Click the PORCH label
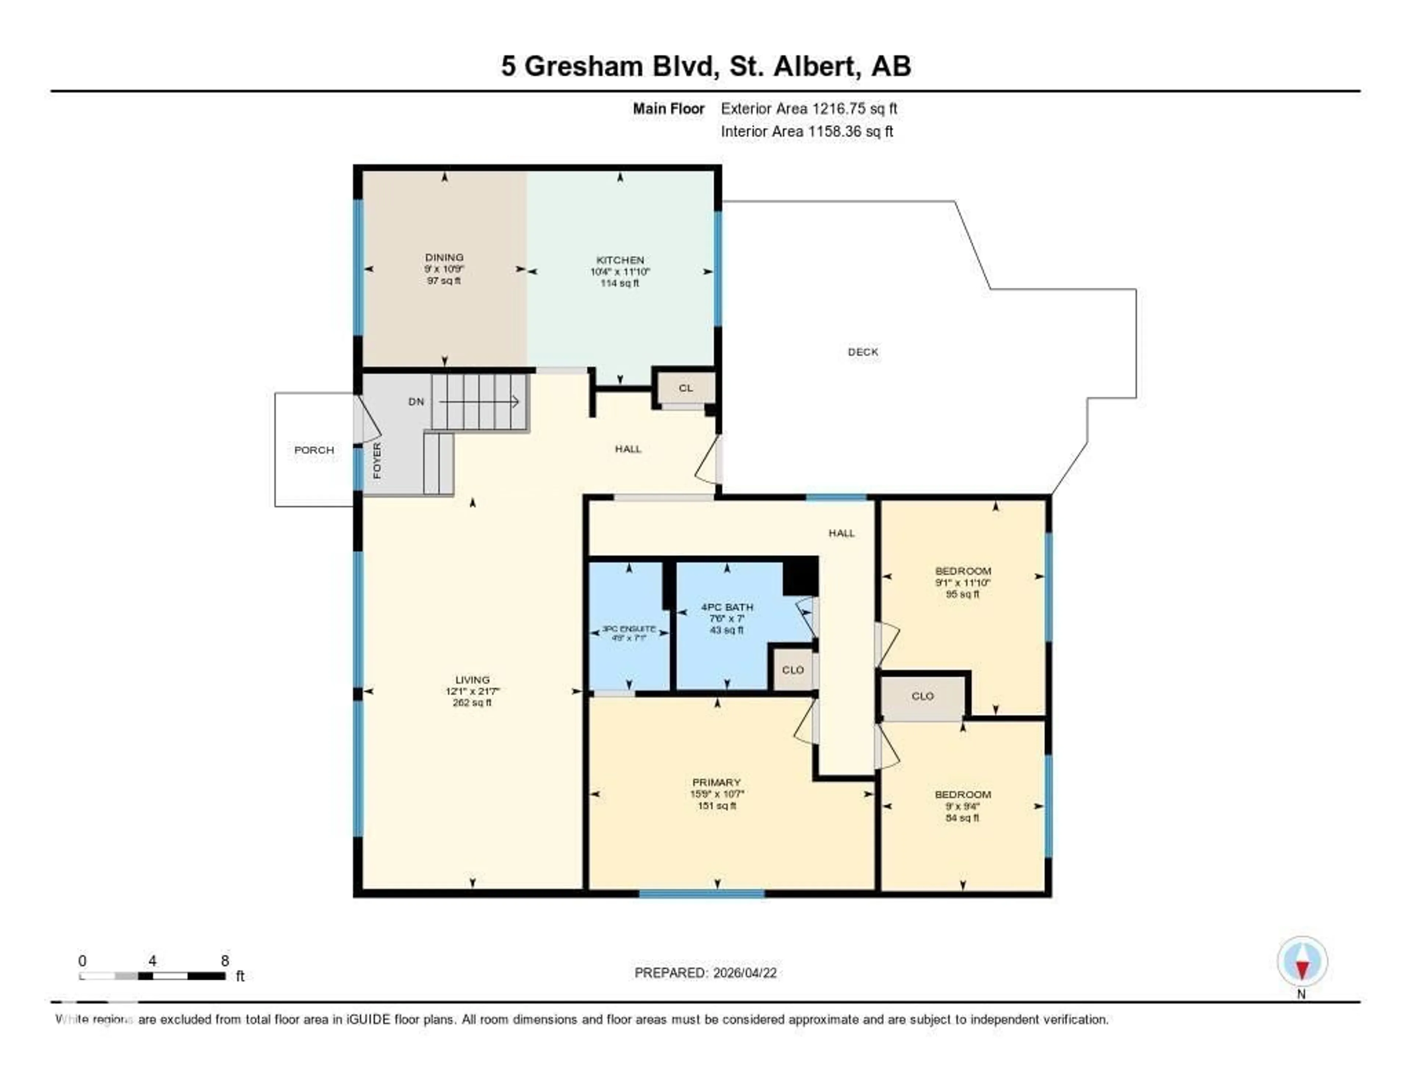pos(314,450)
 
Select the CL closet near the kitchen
pos(685,388)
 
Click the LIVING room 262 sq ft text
pos(472,703)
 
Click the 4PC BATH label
pos(727,607)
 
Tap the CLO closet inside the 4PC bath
pos(793,670)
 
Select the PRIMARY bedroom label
pos(717,782)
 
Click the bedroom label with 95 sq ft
pos(963,571)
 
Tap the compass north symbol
pos(1302,962)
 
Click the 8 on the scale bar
pos(225,961)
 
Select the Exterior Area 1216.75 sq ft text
pos(809,109)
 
